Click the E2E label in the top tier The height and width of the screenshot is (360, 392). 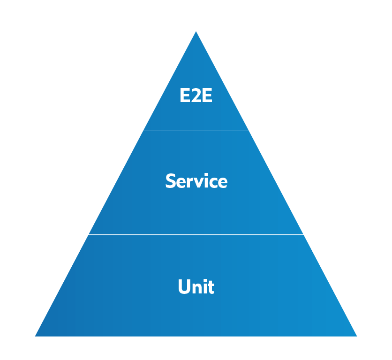(196, 96)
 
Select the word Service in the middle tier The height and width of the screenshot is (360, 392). (196, 181)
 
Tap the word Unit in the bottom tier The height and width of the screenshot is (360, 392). (196, 287)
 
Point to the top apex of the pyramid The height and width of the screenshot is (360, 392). (196, 32)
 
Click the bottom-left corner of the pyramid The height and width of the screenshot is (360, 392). (36, 336)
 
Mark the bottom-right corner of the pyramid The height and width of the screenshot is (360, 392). (356, 336)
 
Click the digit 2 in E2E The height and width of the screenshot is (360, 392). (196, 96)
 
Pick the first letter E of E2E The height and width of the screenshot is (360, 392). (185, 96)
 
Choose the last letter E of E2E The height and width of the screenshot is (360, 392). (207, 96)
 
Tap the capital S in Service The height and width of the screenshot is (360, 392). (170, 181)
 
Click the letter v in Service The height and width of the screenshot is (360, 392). (199, 182)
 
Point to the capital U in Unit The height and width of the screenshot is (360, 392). (184, 287)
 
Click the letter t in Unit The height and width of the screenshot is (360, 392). (211, 287)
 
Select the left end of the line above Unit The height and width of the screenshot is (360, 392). (85, 234)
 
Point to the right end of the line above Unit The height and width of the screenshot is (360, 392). (304, 234)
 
